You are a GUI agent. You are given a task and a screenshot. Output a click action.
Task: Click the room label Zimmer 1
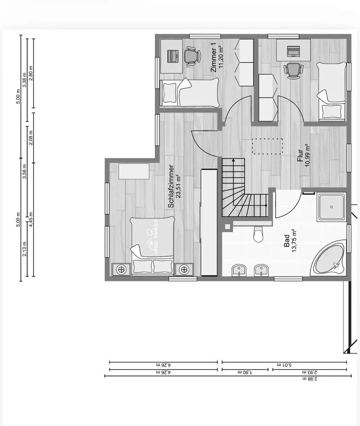214,58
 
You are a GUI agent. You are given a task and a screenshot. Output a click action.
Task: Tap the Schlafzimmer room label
171,187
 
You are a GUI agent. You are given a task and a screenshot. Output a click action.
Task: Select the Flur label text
300,155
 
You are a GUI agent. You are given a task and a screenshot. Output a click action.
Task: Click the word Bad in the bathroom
287,241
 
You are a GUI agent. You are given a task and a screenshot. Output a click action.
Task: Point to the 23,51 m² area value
178,187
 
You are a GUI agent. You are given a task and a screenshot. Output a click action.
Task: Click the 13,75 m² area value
294,241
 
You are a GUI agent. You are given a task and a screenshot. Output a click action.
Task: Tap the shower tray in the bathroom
331,207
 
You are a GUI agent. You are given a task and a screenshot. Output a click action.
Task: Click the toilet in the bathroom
258,234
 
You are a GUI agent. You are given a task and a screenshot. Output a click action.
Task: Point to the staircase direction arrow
233,182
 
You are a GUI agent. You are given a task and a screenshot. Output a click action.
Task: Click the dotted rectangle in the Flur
267,146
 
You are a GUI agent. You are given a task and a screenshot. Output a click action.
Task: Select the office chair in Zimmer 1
192,56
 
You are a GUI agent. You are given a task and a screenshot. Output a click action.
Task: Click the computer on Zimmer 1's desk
173,56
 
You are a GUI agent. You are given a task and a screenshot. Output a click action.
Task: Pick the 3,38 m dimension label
24,80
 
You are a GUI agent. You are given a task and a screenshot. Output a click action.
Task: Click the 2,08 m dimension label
31,138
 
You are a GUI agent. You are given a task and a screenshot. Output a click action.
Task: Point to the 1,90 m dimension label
245,372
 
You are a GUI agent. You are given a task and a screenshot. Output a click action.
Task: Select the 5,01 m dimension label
284,365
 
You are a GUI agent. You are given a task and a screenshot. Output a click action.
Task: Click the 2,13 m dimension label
24,249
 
